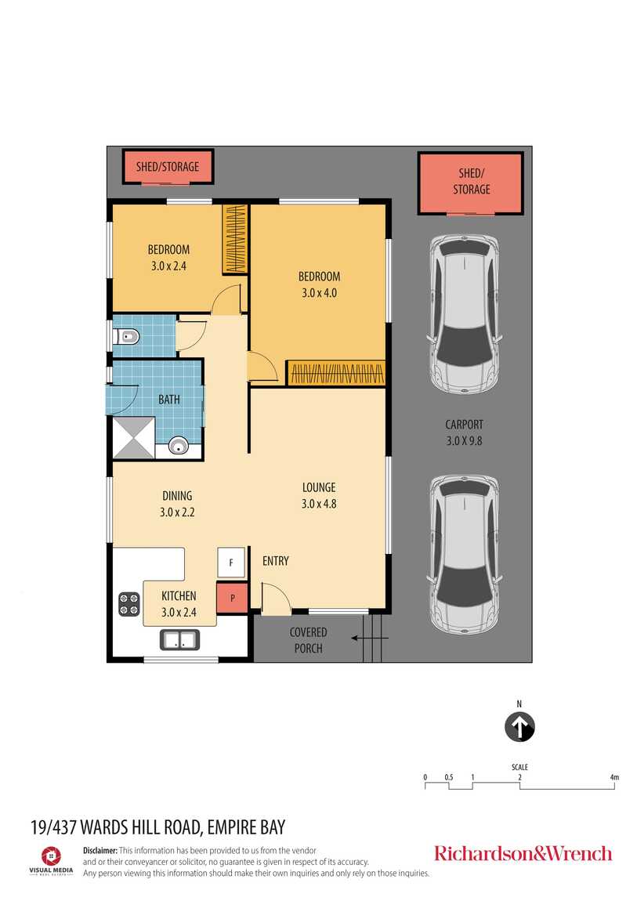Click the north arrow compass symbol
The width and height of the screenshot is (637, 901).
[519, 726]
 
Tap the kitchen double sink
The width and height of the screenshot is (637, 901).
[179, 639]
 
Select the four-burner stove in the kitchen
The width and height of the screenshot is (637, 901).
[129, 604]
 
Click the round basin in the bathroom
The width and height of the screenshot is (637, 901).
[179, 447]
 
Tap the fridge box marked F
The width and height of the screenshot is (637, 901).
[231, 563]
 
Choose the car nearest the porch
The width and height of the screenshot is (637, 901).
[465, 554]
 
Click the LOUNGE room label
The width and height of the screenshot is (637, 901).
[319, 487]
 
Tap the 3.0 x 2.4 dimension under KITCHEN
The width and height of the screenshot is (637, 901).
[179, 612]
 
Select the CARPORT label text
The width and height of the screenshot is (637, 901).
[465, 425]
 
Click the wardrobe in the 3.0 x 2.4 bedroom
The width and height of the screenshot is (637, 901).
[234, 239]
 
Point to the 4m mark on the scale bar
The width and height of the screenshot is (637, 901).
[614, 778]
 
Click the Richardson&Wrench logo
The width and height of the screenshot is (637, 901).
[523, 853]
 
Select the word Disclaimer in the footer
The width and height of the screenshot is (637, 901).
[100, 850]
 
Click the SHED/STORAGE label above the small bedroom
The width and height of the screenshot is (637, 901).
[168, 166]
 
